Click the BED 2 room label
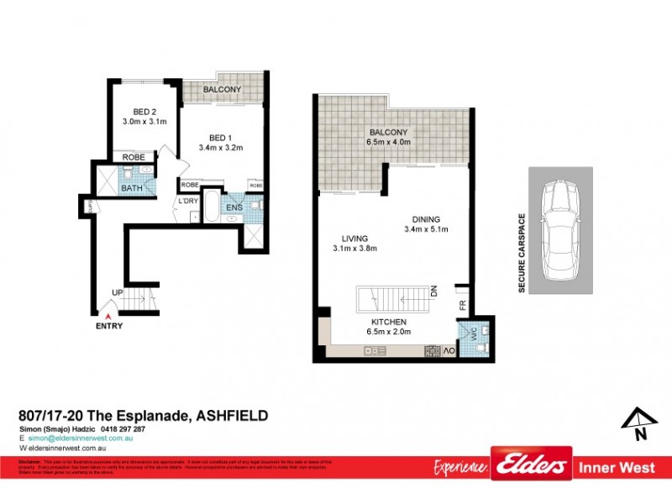click(145, 111)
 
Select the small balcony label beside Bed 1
click(223, 90)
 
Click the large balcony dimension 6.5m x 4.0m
click(388, 142)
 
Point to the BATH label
click(132, 188)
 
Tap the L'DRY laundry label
click(186, 202)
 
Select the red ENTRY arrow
click(108, 316)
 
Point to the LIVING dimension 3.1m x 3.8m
click(354, 248)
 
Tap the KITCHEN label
click(388, 322)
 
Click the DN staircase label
click(434, 292)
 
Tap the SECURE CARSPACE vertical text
click(521, 253)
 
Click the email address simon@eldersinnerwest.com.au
click(81, 438)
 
